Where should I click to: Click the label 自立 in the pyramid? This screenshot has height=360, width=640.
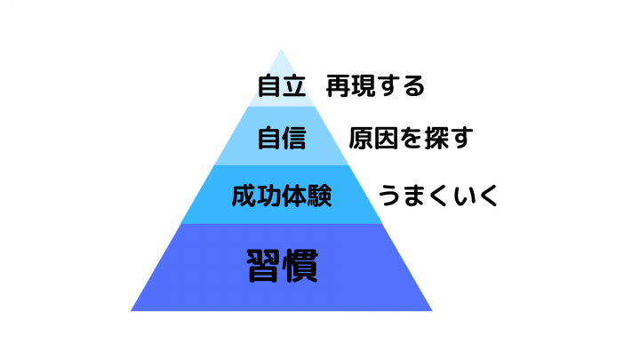(282, 86)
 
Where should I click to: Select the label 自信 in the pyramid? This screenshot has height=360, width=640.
(282, 138)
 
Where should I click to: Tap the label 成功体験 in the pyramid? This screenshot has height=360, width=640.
(282, 196)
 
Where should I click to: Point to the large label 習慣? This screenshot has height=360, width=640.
(282, 266)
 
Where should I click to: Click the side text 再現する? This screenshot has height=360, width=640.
(375, 86)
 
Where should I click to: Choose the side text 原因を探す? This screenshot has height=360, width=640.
(411, 138)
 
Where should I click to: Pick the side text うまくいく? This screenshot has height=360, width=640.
(438, 196)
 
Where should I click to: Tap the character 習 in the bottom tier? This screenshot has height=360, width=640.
(263, 266)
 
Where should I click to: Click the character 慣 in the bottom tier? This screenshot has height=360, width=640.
(301, 266)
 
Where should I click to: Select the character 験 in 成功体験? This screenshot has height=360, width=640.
(320, 196)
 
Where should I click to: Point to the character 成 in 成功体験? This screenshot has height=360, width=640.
(244, 196)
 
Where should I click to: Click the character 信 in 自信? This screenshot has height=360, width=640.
(294, 138)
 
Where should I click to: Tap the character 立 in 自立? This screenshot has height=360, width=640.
(294, 86)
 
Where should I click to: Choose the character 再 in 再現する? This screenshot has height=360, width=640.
(338, 86)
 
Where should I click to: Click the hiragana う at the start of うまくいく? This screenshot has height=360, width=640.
(390, 196)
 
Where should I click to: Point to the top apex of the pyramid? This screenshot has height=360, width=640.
(281, 50)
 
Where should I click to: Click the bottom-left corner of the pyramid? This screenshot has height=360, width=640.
(131, 311)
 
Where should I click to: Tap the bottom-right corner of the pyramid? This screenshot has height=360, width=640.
(432, 311)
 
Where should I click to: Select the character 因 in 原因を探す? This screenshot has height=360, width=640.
(386, 138)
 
